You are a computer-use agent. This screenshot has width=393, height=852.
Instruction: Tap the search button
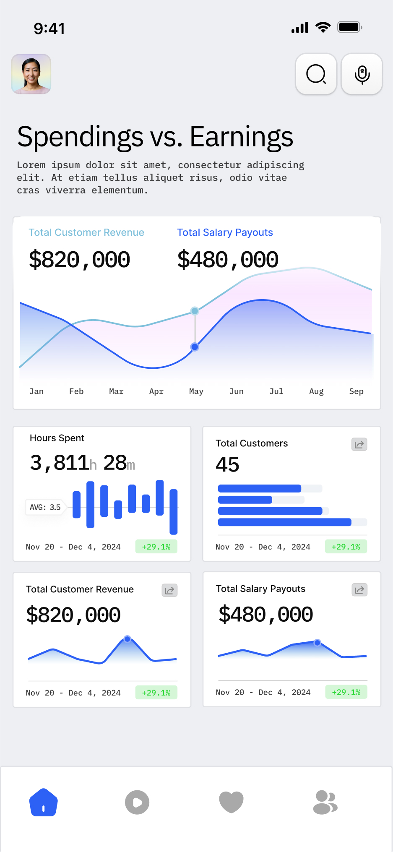[316, 74]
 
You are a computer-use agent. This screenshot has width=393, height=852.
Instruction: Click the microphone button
[362, 74]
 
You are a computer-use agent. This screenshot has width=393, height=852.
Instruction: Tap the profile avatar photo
[31, 74]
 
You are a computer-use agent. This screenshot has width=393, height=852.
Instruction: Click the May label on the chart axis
[196, 391]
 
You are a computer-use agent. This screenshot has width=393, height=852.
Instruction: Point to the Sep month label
[356, 391]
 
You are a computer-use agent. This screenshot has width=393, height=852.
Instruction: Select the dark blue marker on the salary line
[195, 347]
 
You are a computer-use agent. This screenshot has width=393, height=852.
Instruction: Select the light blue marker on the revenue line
[195, 311]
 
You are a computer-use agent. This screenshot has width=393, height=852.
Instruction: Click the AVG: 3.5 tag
[45, 507]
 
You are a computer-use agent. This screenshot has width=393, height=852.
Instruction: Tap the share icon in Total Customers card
[359, 445]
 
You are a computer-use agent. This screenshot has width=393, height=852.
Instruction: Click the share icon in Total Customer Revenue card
[169, 591]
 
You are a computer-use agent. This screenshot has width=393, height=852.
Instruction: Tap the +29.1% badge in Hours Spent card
[156, 547]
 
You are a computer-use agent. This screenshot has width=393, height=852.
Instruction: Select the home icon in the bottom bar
[44, 802]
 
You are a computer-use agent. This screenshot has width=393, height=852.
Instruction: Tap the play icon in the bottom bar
[137, 802]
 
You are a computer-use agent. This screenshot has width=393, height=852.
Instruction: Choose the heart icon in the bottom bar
[231, 802]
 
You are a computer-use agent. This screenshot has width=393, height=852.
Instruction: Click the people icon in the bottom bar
[325, 802]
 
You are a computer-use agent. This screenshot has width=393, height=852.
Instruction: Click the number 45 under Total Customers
[227, 465]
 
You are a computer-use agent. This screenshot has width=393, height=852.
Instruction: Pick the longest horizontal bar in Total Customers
[284, 522]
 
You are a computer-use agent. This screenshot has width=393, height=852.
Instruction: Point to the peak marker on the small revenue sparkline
[128, 639]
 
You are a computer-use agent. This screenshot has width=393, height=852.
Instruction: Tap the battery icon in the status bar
[349, 27]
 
